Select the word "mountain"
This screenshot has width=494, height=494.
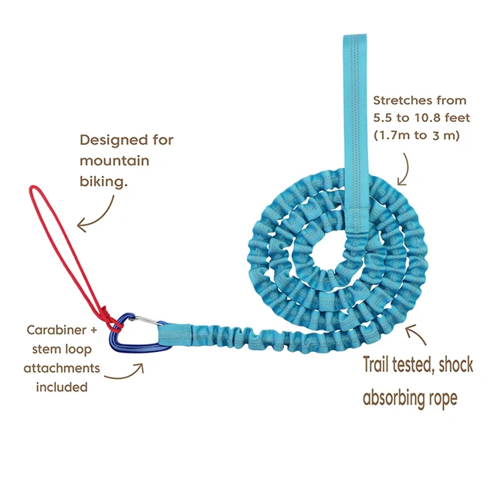114,162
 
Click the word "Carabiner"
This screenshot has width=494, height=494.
56,330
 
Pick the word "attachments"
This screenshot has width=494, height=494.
62,368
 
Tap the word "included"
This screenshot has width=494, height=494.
62,387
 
